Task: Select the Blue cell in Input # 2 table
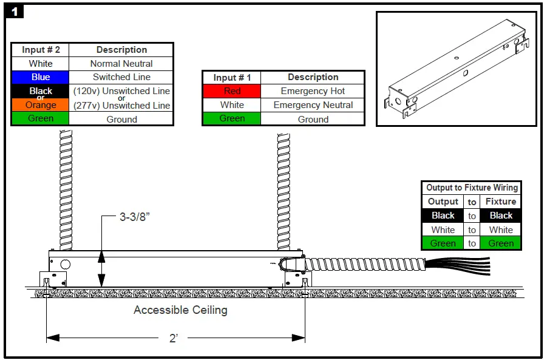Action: coord(41,77)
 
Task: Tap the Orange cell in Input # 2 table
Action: coord(41,105)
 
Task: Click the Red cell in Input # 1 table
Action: coord(232,91)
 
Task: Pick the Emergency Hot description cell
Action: coord(313,91)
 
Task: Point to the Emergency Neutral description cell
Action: coord(313,105)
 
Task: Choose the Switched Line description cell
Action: coord(121,77)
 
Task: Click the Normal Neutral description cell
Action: coord(121,63)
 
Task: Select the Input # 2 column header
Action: coord(41,50)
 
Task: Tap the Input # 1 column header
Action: coord(232,77)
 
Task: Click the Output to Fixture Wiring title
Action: coord(472,188)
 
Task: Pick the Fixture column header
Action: coord(501,202)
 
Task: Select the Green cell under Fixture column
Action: coord(501,243)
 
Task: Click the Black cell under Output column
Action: coord(443,216)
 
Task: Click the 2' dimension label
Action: coord(174,338)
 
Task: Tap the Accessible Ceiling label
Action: coord(180,310)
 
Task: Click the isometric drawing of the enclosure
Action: coord(457,69)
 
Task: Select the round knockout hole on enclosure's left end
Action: coord(65,264)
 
